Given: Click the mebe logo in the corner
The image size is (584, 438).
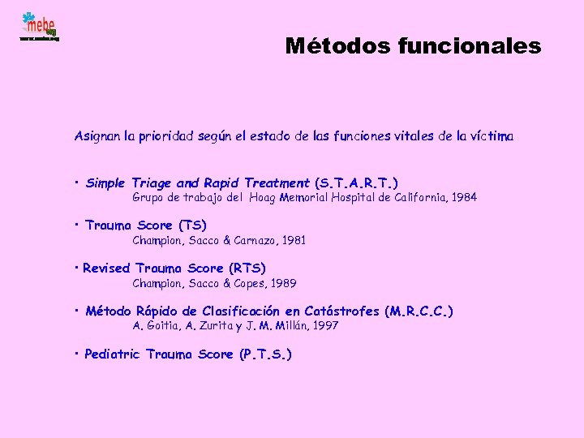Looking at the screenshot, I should tap(39, 27).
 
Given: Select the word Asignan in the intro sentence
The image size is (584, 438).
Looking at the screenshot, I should tap(98, 137).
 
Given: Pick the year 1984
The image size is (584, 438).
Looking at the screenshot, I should tap(463, 197).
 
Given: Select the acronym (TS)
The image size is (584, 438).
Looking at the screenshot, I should tap(192, 225).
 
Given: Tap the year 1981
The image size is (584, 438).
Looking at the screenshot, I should tap(292, 240).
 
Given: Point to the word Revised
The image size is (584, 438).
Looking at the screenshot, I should tap(107, 268).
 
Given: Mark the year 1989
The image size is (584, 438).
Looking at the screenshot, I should tap(282, 283).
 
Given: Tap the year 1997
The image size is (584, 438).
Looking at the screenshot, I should tap(324, 325).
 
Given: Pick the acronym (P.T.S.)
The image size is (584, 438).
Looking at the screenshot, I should tap(265, 354).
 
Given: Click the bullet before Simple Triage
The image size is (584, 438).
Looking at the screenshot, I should tap(75, 182).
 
